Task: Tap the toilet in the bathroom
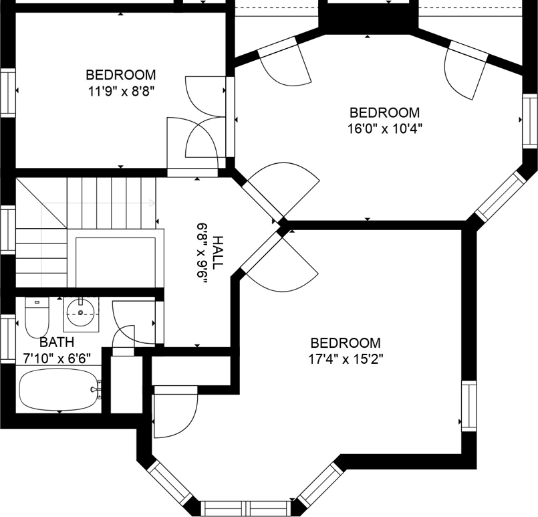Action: click(36, 317)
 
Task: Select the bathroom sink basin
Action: click(82, 312)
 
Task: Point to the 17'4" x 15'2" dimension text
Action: click(345, 358)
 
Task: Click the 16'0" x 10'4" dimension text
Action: click(385, 128)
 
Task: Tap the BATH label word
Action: click(52, 343)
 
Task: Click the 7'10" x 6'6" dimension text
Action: click(57, 358)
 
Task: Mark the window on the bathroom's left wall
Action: click(7, 340)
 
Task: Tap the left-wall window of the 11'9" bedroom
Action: click(7, 92)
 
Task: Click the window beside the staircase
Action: click(7, 229)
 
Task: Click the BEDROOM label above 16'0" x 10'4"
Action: click(384, 112)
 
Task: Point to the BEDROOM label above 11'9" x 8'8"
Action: click(121, 74)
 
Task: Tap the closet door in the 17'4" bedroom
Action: click(175, 415)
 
